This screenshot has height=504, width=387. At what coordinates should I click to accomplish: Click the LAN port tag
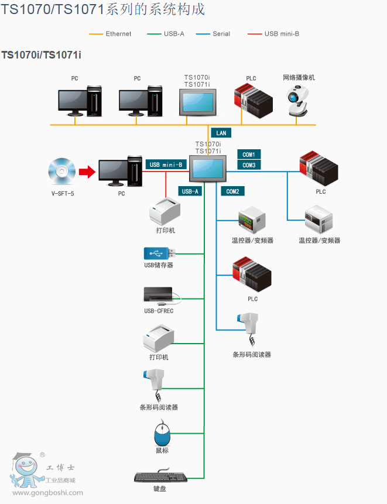click(x=221, y=133)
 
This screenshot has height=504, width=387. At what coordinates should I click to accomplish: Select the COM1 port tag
click(x=249, y=155)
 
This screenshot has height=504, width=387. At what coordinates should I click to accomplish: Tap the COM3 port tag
click(x=249, y=165)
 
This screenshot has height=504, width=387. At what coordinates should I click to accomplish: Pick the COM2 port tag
click(x=232, y=191)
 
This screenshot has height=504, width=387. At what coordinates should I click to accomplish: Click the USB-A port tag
click(x=190, y=191)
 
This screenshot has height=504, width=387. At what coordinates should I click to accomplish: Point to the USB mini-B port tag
click(x=166, y=164)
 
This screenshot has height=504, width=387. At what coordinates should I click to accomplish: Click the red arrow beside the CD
click(x=87, y=172)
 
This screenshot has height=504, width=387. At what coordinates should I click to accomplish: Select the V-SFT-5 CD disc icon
click(x=61, y=172)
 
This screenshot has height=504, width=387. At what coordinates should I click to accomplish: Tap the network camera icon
click(x=297, y=101)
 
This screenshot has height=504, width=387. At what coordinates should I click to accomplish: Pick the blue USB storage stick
click(x=159, y=253)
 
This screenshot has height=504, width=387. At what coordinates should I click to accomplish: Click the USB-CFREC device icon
click(x=162, y=296)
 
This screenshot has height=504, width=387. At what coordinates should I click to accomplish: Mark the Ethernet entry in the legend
click(x=110, y=34)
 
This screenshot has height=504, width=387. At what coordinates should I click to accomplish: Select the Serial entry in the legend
click(x=213, y=34)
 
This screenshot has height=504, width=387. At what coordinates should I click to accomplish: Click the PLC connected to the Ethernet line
click(x=254, y=101)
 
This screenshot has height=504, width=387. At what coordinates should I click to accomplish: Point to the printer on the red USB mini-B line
click(x=165, y=211)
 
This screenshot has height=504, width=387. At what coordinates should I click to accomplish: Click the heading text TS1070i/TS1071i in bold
click(x=41, y=55)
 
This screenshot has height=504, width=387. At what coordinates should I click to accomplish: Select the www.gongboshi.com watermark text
click(x=47, y=492)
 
